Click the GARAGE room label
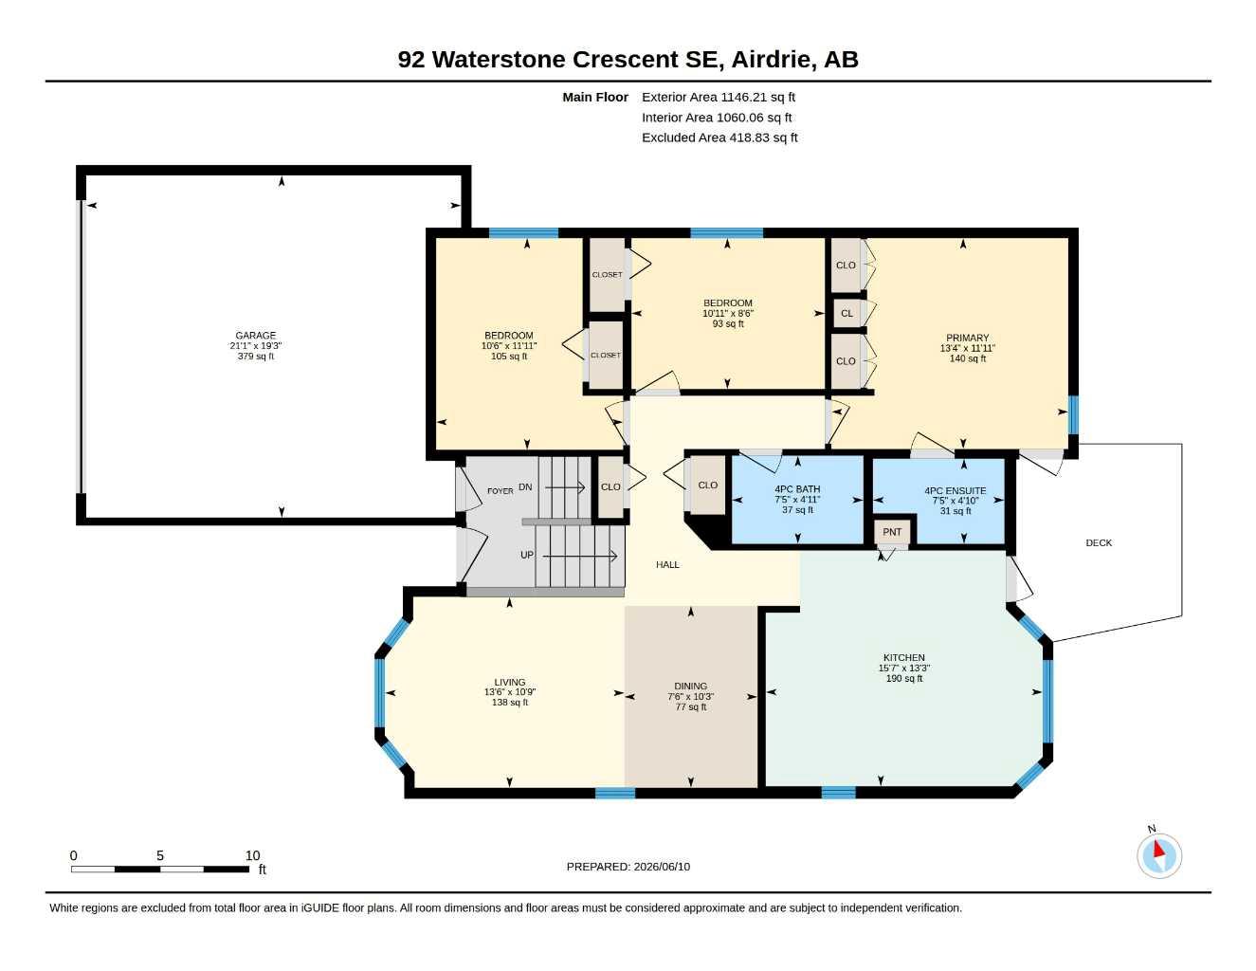click(x=256, y=336)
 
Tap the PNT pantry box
click(x=892, y=532)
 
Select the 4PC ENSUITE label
click(x=955, y=490)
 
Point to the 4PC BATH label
click(x=797, y=489)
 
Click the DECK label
click(x=1099, y=542)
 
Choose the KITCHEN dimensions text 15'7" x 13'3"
click(x=904, y=669)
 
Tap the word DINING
click(x=691, y=687)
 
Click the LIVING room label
click(x=510, y=682)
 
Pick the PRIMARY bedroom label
click(x=968, y=338)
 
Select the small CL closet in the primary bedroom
click(x=847, y=313)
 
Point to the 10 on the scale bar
click(x=252, y=855)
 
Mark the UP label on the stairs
click(x=526, y=555)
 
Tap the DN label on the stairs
click(x=525, y=487)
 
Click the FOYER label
click(x=500, y=490)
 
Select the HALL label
click(x=667, y=565)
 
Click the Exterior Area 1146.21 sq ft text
click(x=719, y=97)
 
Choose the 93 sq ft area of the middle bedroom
click(x=728, y=323)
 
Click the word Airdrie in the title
click(x=774, y=60)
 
